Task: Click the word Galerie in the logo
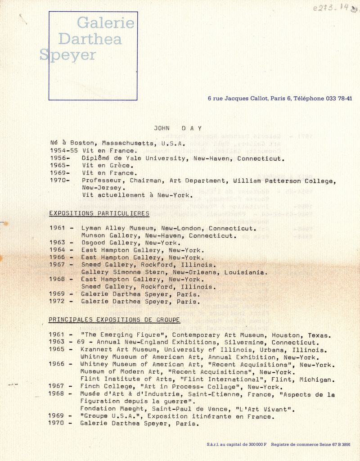pyautogui.click(x=105, y=23)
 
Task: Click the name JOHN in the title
pyautogui.click(x=162, y=128)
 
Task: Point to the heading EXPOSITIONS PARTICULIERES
pyautogui.click(x=99, y=213)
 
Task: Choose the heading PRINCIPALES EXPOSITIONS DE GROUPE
pyautogui.click(x=114, y=320)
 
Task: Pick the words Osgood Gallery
pyautogui.click(x=106, y=243)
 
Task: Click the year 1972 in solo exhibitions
pyautogui.click(x=57, y=301)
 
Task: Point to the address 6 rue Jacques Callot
pyautogui.click(x=238, y=99)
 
